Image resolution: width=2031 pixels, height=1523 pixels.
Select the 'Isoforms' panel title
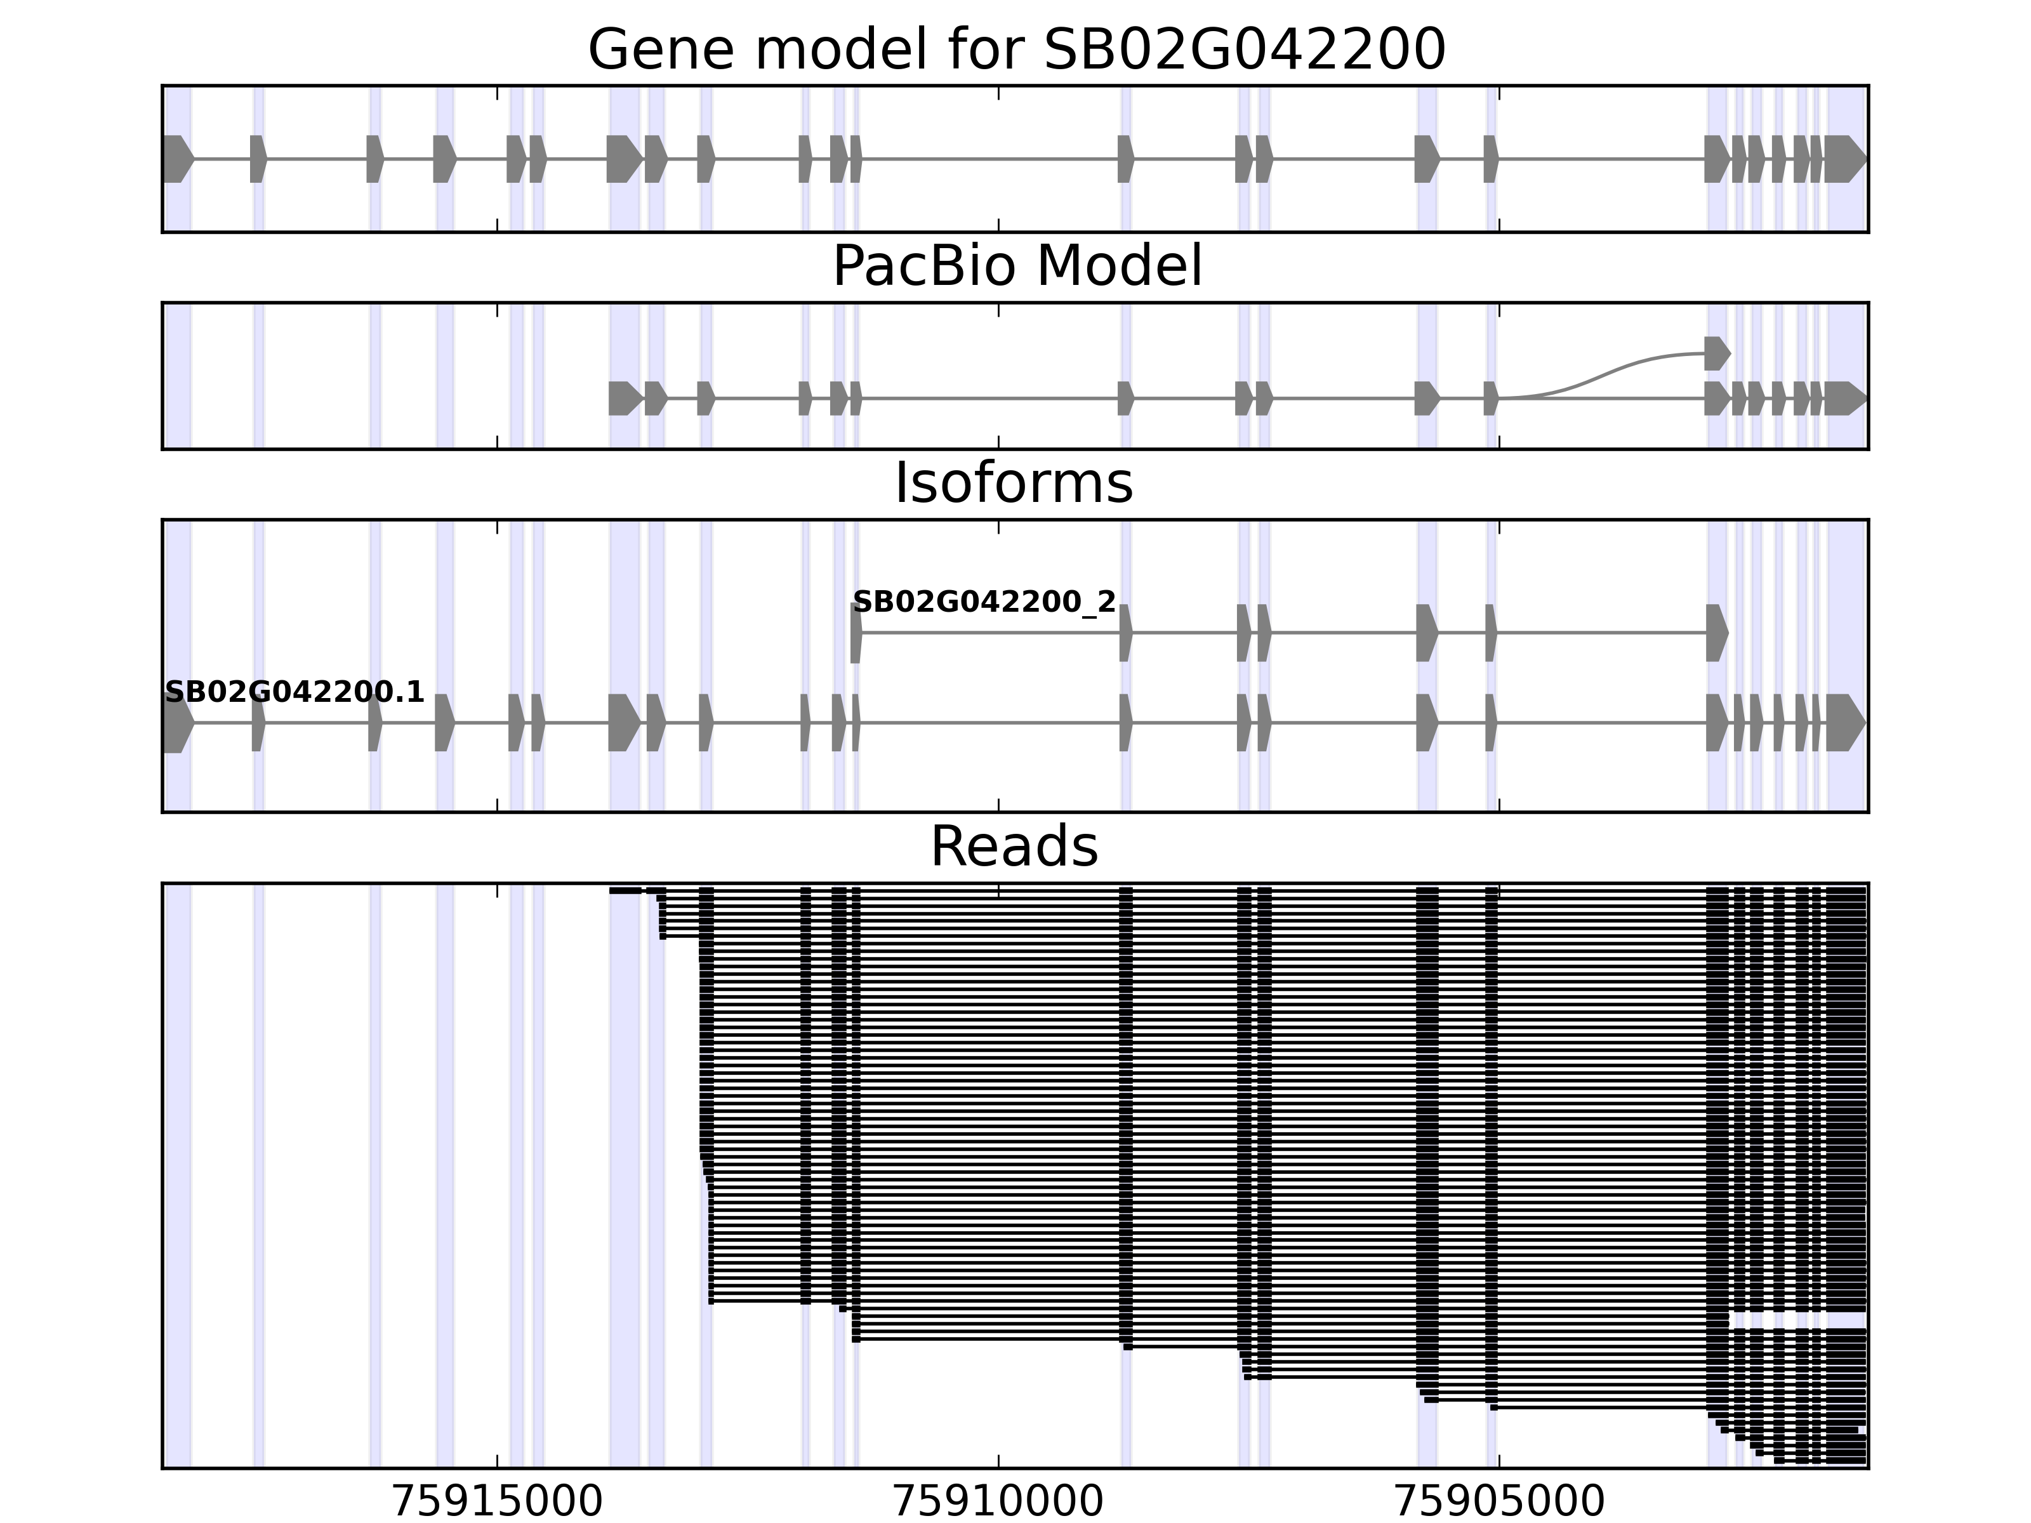coord(1014,483)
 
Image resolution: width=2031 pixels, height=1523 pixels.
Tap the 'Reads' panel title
coord(1014,847)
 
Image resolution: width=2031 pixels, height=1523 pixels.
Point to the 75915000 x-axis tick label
coord(497,1501)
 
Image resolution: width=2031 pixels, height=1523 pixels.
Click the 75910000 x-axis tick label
coord(998,1501)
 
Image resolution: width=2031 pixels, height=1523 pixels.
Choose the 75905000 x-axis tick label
coord(1498,1501)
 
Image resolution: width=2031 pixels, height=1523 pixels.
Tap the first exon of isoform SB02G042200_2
coord(856,633)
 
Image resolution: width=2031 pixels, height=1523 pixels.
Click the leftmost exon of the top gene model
coord(177,159)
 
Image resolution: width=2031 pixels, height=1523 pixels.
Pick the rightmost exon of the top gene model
coord(1844,159)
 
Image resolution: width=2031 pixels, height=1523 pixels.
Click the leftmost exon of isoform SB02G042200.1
coord(177,723)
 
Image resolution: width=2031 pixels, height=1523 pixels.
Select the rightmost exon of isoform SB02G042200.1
coord(1844,723)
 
